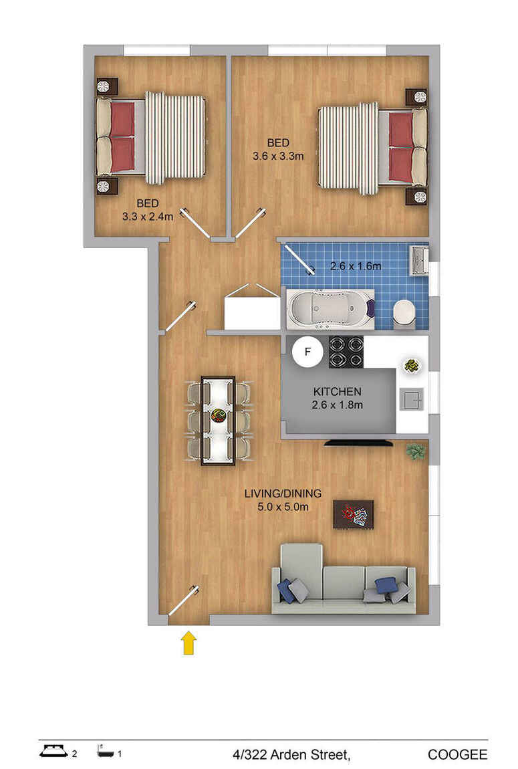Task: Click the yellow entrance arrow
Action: click(x=189, y=643)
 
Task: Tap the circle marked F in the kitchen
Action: click(x=307, y=352)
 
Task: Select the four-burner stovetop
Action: click(x=346, y=352)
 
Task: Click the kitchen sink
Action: click(x=411, y=399)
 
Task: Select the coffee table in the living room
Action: click(x=354, y=514)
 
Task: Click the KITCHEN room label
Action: click(x=337, y=392)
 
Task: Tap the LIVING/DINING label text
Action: click(x=283, y=493)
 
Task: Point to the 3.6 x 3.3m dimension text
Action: click(x=278, y=156)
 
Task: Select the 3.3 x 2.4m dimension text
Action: click(x=148, y=216)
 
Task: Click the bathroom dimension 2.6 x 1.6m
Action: click(x=356, y=266)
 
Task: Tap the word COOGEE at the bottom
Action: click(x=457, y=755)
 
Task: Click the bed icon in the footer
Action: click(x=53, y=751)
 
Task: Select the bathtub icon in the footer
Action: click(x=106, y=752)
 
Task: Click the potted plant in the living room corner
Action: click(x=416, y=451)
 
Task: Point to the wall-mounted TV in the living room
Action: click(x=359, y=443)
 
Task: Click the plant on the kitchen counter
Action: click(x=411, y=366)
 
